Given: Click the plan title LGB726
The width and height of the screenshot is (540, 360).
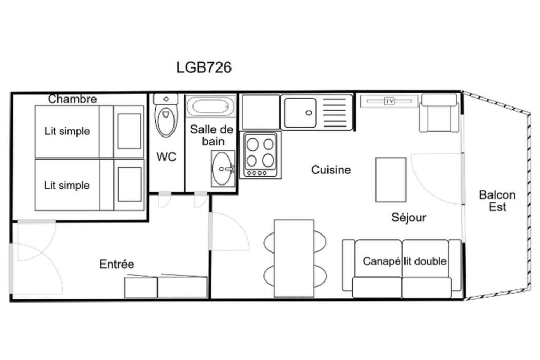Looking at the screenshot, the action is click(x=204, y=67).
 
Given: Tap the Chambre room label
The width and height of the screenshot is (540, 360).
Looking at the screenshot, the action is click(x=72, y=99).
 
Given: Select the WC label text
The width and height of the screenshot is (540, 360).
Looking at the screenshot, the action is click(x=166, y=157).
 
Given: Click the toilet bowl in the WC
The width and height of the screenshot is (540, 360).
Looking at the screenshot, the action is click(x=166, y=121).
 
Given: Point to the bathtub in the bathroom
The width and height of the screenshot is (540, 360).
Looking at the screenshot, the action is click(x=210, y=106).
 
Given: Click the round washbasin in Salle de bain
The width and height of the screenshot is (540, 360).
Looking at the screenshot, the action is click(x=222, y=169).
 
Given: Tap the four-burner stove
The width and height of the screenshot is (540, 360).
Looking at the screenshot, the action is click(x=261, y=155).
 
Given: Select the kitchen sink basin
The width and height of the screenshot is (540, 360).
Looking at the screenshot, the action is click(x=300, y=113).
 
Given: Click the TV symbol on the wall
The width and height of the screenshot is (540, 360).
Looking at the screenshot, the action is click(x=390, y=101).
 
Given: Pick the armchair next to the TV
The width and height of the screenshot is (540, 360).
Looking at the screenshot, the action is click(x=439, y=113).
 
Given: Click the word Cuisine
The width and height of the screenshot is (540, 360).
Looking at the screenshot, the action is click(x=331, y=170).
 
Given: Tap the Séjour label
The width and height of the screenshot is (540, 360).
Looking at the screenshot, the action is click(x=409, y=218).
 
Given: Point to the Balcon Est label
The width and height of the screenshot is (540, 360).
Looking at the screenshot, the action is click(x=497, y=201).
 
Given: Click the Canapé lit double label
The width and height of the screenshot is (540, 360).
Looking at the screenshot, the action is click(x=404, y=261).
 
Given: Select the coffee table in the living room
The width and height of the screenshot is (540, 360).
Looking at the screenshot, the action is click(x=391, y=180).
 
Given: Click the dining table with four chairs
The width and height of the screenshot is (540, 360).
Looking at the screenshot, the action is click(x=294, y=258).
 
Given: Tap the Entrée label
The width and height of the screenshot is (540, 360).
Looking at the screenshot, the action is click(x=117, y=264).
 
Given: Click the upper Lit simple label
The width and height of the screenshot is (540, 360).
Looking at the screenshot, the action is click(x=67, y=131).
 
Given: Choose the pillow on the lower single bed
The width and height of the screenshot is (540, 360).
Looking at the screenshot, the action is click(x=130, y=184).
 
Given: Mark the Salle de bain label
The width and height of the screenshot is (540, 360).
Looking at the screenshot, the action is click(x=212, y=135).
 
